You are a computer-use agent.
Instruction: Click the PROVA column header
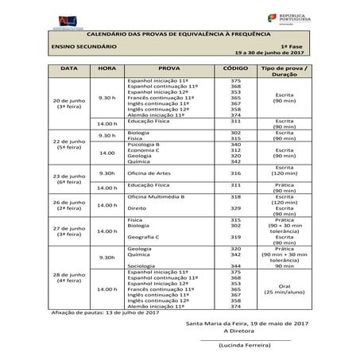coord(168,70)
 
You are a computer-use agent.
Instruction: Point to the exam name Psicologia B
coord(146,144)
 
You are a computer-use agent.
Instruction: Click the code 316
coord(235,173)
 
